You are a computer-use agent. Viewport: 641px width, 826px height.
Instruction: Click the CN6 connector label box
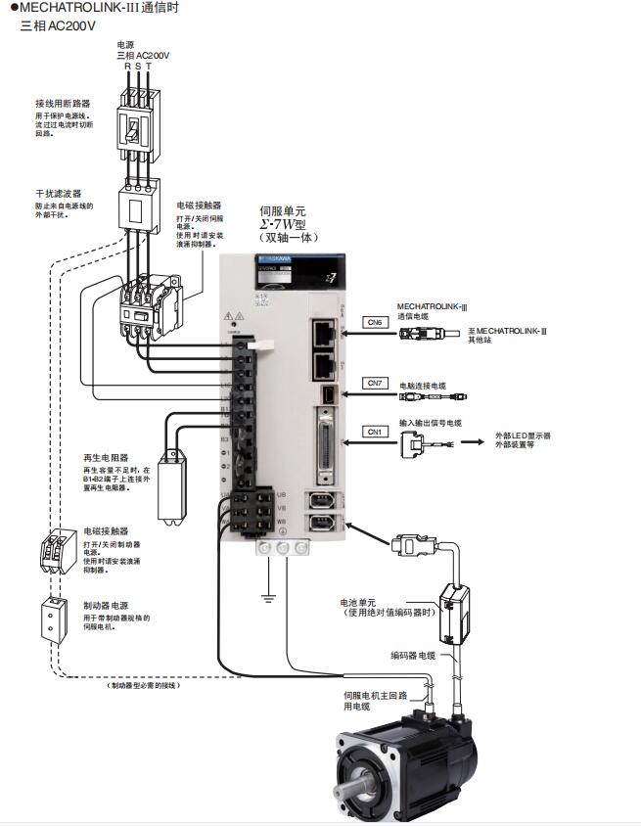coord(375,322)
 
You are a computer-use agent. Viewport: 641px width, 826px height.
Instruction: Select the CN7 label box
coord(375,382)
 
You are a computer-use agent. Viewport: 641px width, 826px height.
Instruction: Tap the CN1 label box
coord(375,432)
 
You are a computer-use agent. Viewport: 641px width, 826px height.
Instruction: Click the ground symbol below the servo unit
coord(265,593)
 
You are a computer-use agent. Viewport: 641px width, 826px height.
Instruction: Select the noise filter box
coord(136,206)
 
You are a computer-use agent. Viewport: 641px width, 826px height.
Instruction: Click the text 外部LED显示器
coord(523,435)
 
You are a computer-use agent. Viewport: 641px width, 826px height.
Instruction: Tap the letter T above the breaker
coord(149,66)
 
